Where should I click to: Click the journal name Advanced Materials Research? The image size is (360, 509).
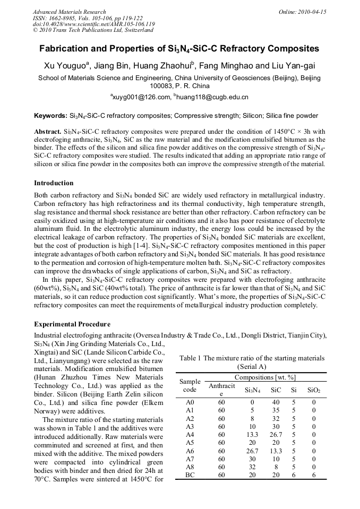(x=69, y=12)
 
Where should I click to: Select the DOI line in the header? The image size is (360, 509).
(x=93, y=24)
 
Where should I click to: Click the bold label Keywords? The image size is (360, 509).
(x=50, y=115)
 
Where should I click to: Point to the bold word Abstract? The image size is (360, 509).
(x=47, y=131)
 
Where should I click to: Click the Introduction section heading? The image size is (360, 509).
(x=54, y=183)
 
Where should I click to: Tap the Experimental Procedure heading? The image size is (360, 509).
(x=72, y=324)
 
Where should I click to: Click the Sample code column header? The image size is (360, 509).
(x=190, y=385)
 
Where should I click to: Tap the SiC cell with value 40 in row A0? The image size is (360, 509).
(x=276, y=402)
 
